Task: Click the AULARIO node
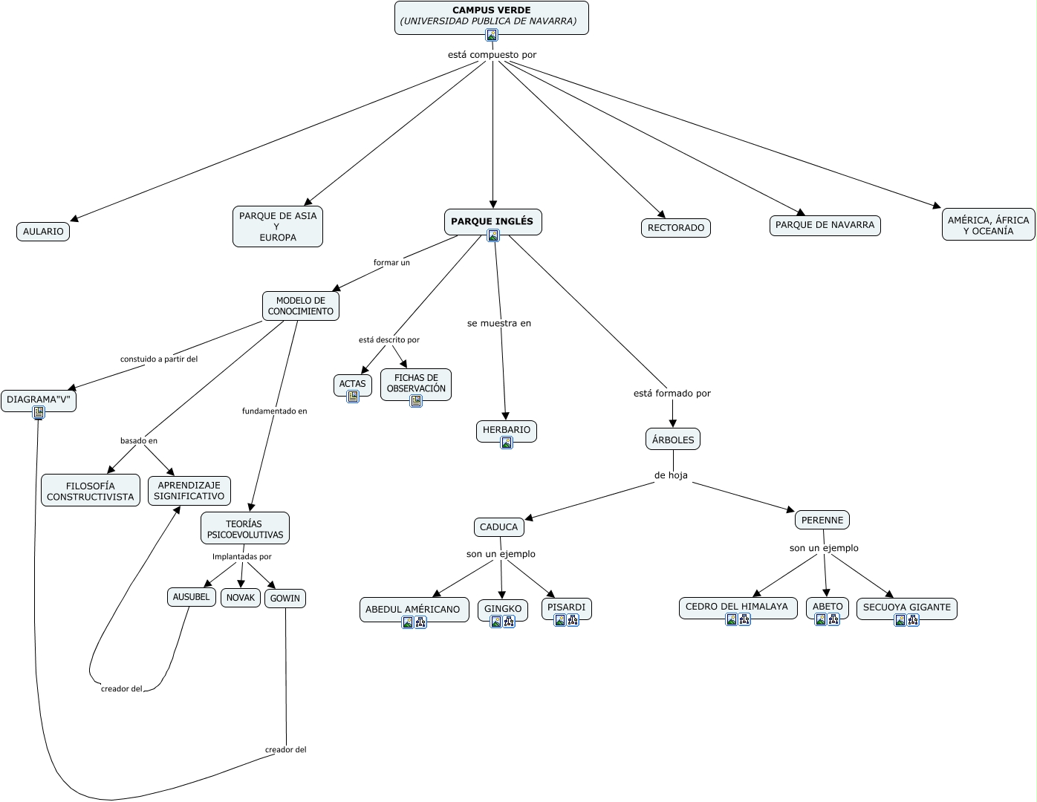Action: [x=43, y=232]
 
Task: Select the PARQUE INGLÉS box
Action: [x=493, y=221]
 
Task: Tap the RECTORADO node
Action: [x=675, y=228]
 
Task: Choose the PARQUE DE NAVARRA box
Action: [x=825, y=225]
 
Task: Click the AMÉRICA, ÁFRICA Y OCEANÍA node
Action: [x=988, y=225]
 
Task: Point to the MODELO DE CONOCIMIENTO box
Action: [x=300, y=306]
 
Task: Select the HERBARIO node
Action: [x=507, y=430]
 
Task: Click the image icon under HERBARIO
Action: [x=507, y=443]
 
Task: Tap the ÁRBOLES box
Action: [x=673, y=440]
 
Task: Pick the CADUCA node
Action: [x=498, y=527]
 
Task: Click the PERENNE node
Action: [x=822, y=520]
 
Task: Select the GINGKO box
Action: [x=503, y=609]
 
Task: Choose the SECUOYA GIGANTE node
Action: [x=906, y=607]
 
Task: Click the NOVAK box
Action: [x=241, y=598]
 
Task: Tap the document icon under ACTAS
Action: [x=353, y=397]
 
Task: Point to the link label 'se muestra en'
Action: [x=499, y=324]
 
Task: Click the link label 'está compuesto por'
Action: [x=492, y=55]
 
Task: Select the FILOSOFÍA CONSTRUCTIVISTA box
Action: [x=91, y=491]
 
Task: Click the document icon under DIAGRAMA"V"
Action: [x=39, y=412]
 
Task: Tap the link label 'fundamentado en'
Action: [x=274, y=411]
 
